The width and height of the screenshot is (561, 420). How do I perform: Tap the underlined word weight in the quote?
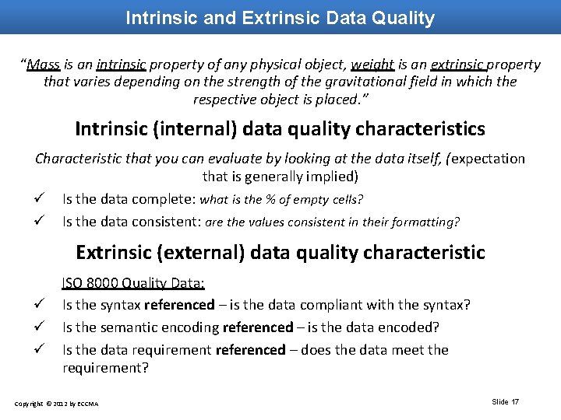pyautogui.click(x=372, y=65)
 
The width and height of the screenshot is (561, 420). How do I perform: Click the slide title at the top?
pyautogui.click(x=280, y=18)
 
